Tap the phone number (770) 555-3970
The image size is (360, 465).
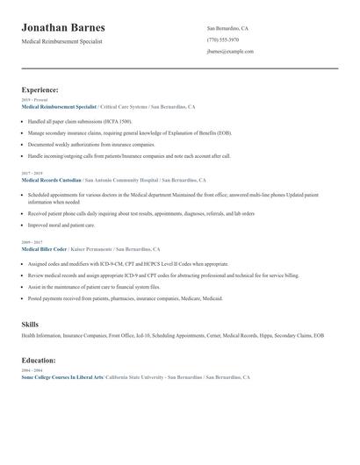223,39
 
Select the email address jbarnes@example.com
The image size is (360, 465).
230,52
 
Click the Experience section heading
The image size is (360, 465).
40,89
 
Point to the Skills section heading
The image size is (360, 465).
30,325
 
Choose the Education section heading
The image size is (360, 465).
39,361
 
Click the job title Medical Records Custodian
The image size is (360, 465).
51,180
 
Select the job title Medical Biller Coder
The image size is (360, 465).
45,249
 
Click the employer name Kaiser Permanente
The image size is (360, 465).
91,249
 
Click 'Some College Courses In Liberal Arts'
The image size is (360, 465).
61,377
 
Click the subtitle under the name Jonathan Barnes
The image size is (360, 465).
62,42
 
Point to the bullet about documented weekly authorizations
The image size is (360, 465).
90,144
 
